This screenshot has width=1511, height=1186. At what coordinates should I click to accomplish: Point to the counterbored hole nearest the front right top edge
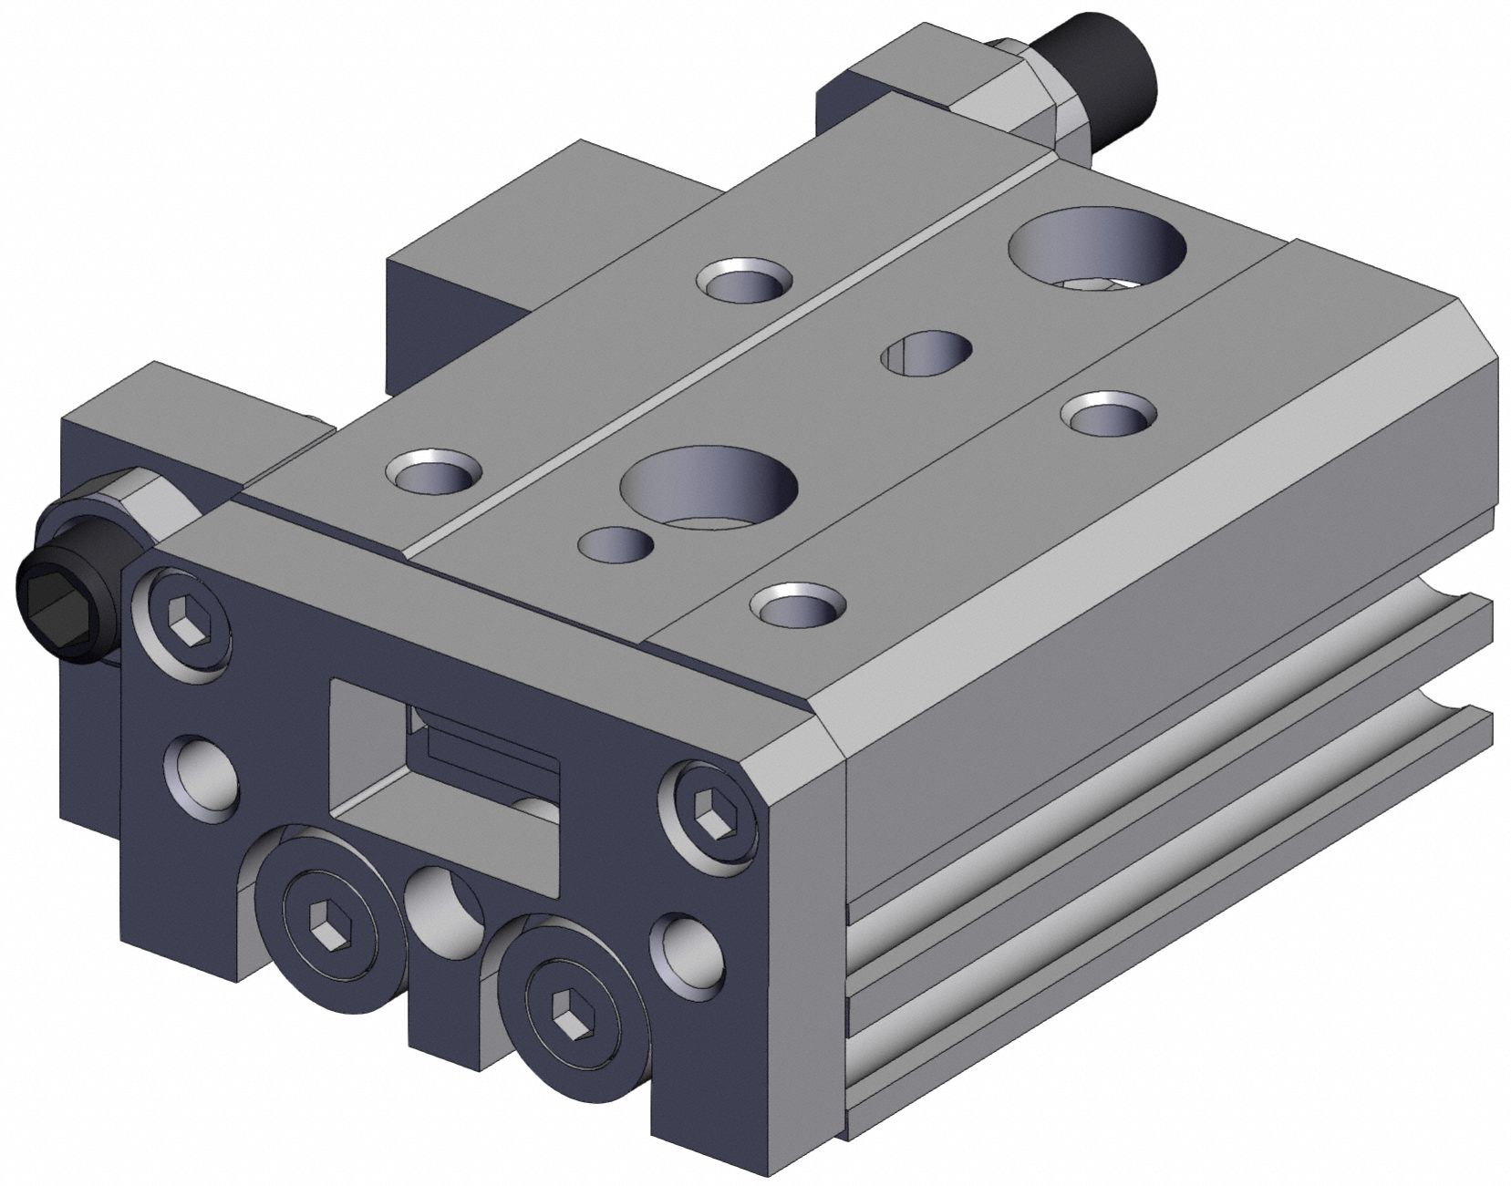pos(799,605)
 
